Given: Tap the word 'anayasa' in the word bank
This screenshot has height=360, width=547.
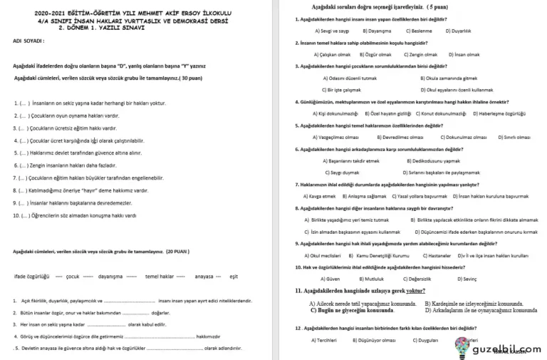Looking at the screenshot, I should pyautogui.click(x=204, y=276).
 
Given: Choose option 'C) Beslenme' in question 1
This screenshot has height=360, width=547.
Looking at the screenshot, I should pyautogui.click(x=402, y=31).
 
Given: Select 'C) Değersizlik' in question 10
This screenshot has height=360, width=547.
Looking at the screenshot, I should pyautogui.click(x=417, y=279).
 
